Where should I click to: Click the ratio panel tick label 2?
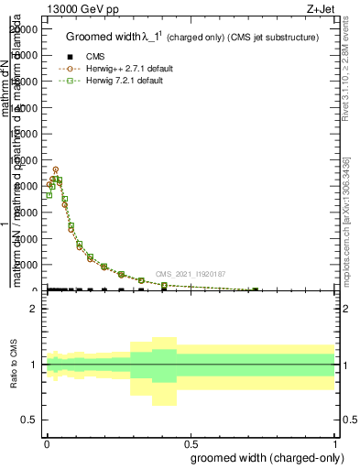pos(34,309)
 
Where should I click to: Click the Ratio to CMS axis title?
pos(15,365)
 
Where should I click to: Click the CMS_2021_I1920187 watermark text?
pos(190,273)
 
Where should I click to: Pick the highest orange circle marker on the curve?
pos(56,169)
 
